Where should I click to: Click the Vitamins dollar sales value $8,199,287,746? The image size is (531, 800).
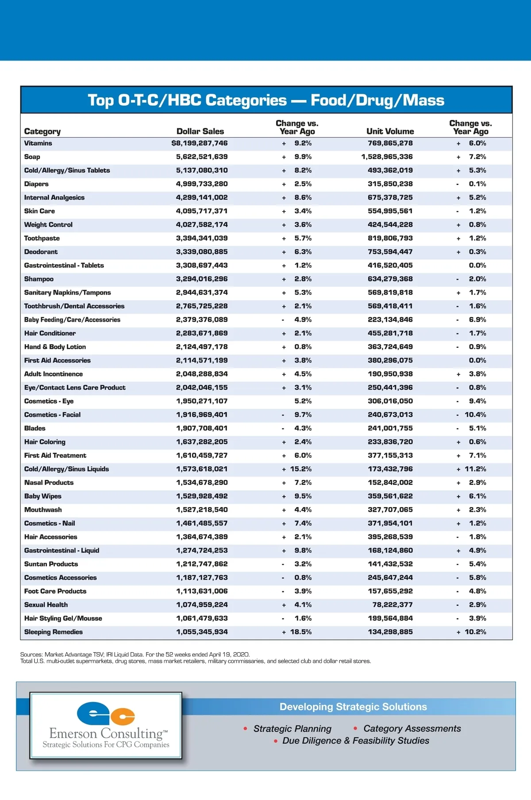pos(200,143)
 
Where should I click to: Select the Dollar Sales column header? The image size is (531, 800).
pos(200,131)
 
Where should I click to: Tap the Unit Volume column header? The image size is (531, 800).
pos(390,131)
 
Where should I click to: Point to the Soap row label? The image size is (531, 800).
pos(32,157)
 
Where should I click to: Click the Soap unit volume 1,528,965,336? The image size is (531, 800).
pos(387,157)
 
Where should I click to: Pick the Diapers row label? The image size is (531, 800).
pos(36,184)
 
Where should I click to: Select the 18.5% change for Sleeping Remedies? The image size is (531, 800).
pos(300,632)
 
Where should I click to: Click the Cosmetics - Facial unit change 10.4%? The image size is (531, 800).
pos(475,415)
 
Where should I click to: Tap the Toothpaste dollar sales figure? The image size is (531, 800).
pos(202,238)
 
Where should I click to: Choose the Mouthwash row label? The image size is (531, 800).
pos(43,510)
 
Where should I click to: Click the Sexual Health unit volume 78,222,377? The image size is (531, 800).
pos(392,605)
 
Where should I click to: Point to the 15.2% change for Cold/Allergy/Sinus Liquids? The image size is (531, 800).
pos(300,469)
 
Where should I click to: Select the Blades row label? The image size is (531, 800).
pos(35,428)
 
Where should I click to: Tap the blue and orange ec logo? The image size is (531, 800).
pos(106,714)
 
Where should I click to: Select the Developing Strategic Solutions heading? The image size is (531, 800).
pos(353,707)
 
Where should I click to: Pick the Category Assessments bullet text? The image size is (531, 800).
pos(412,729)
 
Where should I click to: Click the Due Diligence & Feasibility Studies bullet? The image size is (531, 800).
pos(355,741)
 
